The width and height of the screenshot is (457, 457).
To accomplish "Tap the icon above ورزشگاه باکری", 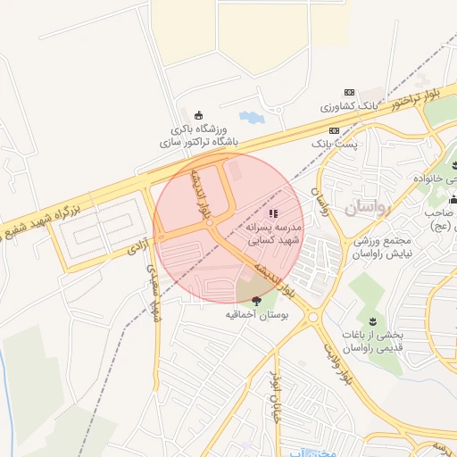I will click(x=198, y=113).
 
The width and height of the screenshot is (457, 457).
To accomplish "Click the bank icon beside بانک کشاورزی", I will click(x=350, y=93).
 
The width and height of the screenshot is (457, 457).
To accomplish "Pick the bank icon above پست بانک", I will click(x=334, y=130).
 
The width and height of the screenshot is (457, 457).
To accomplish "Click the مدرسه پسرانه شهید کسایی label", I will click(x=274, y=234).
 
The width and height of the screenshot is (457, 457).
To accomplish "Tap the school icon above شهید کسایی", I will click(x=273, y=213).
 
